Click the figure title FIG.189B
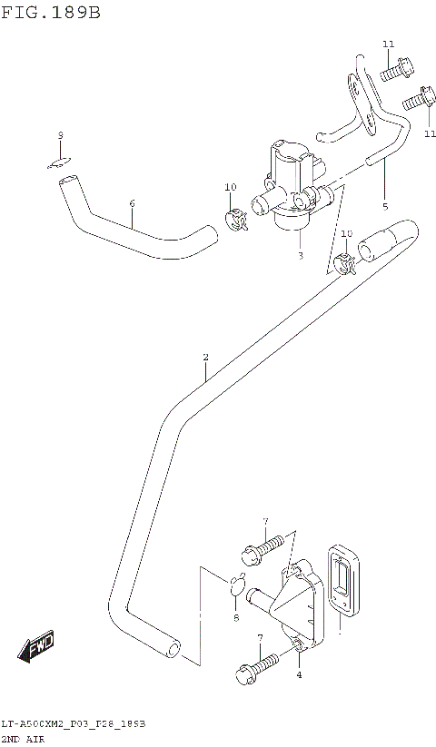coord(50,14)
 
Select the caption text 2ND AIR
coord(26,739)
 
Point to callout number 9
coord(60,136)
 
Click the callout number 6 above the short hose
coord(132,203)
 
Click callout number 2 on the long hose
coord(205,358)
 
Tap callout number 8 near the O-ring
coord(236,618)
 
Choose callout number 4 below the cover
coord(299,675)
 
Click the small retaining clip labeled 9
coord(60,162)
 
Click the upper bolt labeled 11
coord(396,66)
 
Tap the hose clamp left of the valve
coord(235,218)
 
